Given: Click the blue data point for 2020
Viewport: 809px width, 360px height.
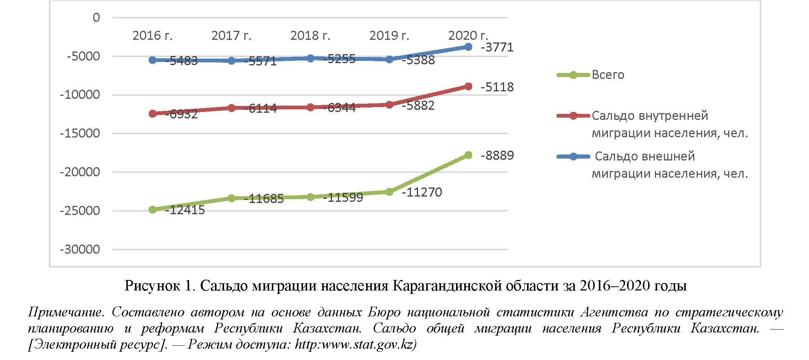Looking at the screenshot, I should click(468, 47).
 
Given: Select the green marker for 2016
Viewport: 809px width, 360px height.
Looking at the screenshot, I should click(153, 210).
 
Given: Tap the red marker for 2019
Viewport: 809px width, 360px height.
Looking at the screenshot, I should click(389, 104).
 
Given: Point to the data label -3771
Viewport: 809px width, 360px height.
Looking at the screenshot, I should click(497, 47).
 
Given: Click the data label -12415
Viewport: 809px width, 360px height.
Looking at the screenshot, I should click(185, 210).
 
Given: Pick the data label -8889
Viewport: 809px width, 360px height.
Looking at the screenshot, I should click(497, 155).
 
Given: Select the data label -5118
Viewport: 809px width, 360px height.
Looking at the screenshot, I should click(497, 87).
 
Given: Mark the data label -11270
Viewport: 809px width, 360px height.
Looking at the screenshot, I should click(422, 192).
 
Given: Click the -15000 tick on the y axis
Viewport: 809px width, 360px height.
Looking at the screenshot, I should click(80, 133).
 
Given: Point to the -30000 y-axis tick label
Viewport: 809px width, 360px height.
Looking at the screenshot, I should click(80, 250).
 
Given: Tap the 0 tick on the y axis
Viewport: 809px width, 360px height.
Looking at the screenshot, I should click(96, 18).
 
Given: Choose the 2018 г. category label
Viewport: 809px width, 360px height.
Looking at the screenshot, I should click(310, 36).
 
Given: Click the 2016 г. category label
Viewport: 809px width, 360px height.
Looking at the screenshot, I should click(152, 36).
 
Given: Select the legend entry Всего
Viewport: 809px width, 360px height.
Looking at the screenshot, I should click(608, 75).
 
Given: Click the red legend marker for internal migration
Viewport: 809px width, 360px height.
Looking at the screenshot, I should click(573, 116).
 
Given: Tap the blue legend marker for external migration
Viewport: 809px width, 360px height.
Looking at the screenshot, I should click(573, 156).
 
